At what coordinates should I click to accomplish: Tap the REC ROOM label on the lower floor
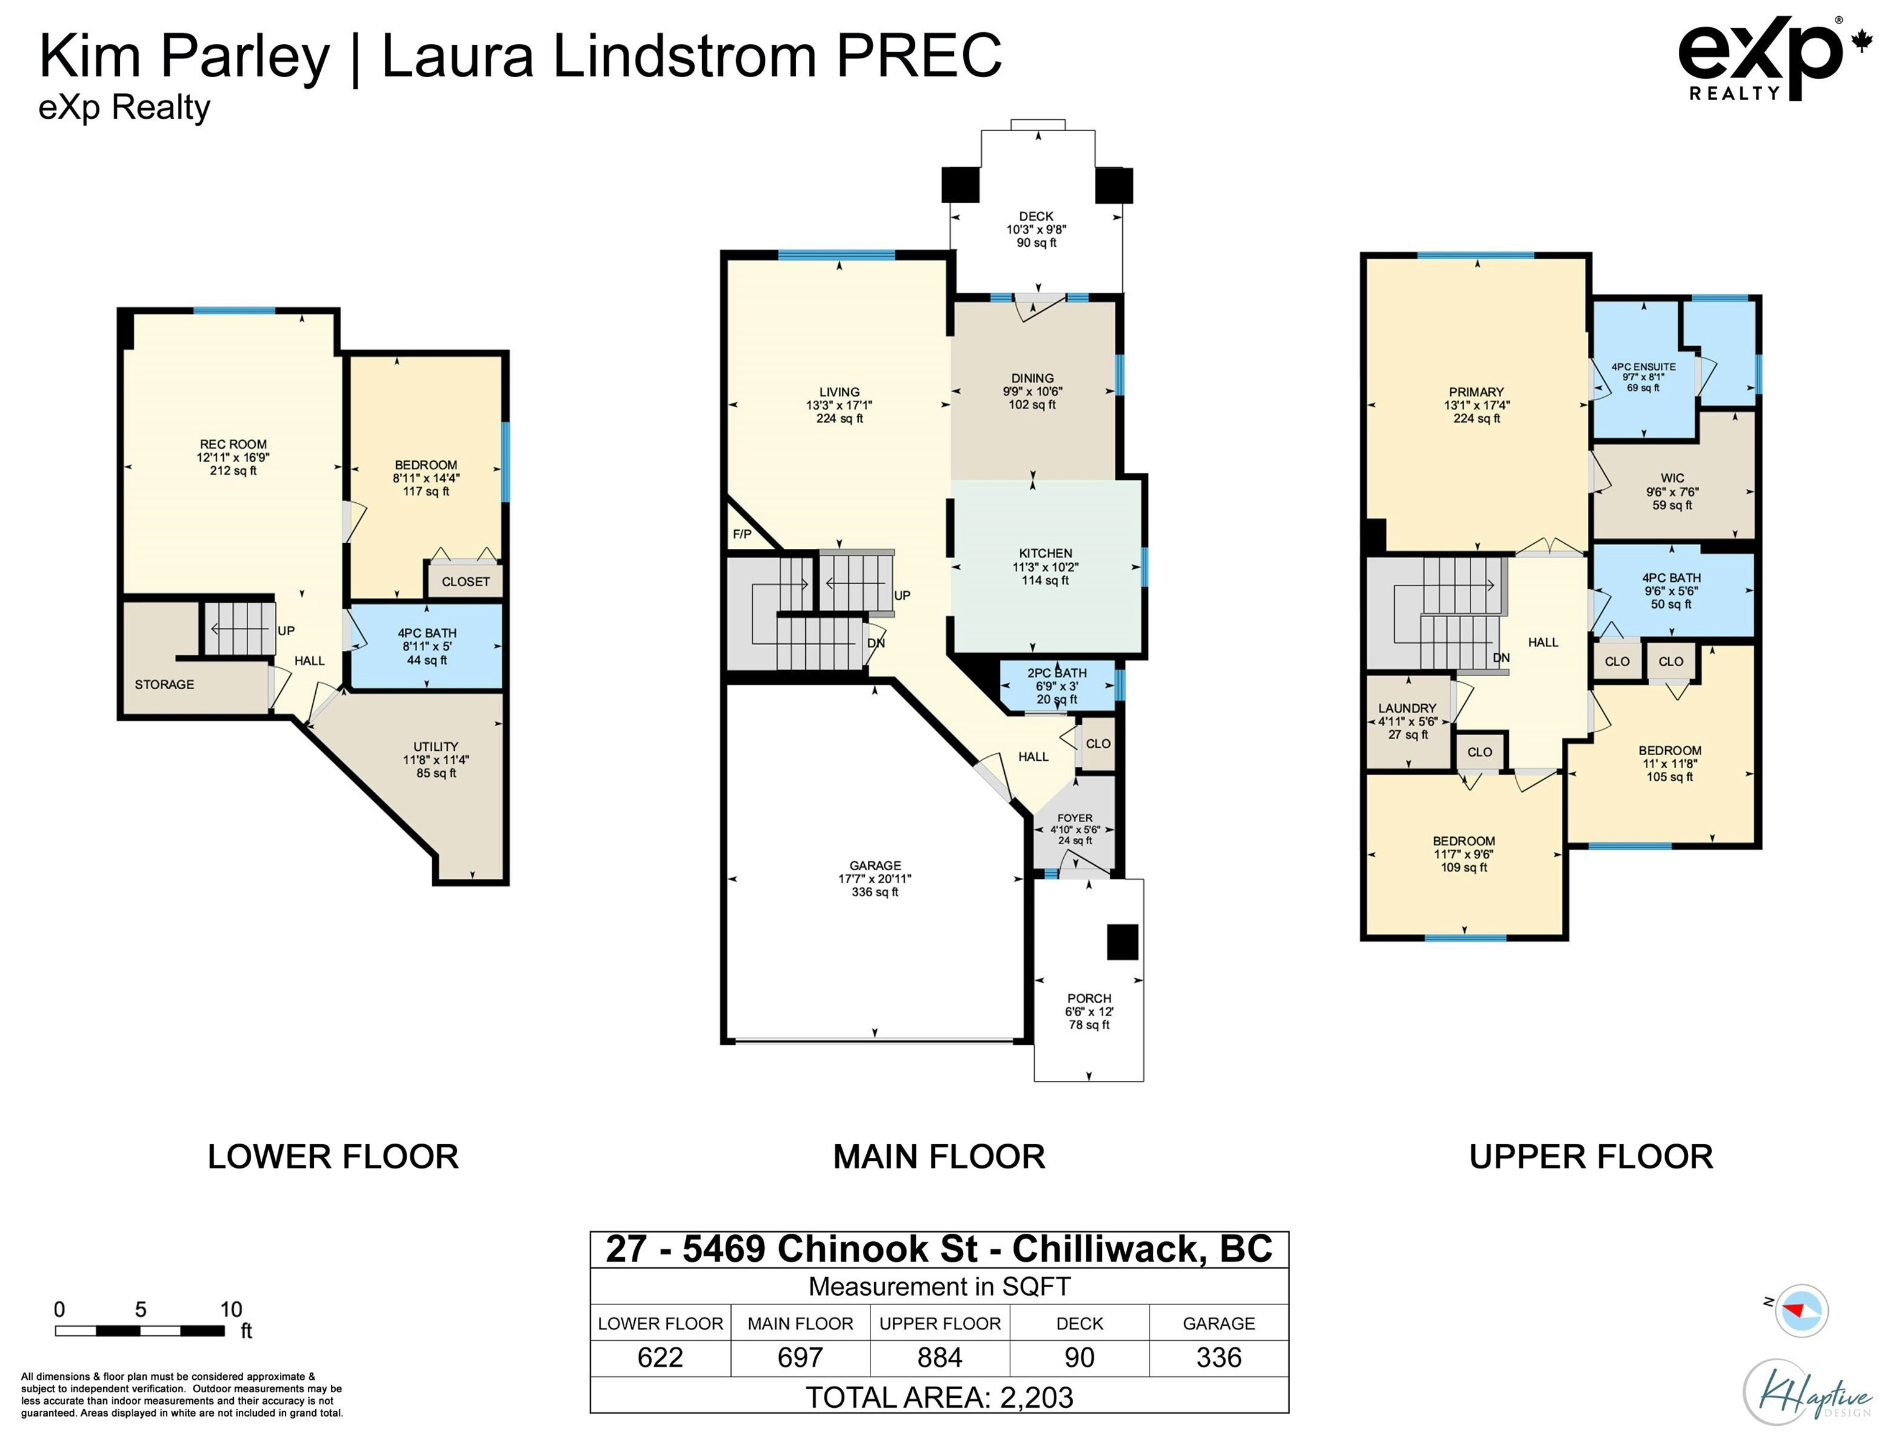pyautogui.click(x=233, y=444)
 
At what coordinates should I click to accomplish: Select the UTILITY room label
pyautogui.click(x=436, y=746)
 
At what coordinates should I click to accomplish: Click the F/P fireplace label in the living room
pyautogui.click(x=742, y=535)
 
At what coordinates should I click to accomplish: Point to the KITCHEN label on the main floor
pyautogui.click(x=1045, y=553)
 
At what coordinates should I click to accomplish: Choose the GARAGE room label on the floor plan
pyautogui.click(x=875, y=865)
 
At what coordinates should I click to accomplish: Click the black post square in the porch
pyautogui.click(x=1122, y=942)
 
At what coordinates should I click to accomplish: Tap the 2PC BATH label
pyautogui.click(x=1057, y=672)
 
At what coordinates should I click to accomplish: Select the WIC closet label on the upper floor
pyautogui.click(x=1672, y=478)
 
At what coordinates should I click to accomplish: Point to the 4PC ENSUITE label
pyautogui.click(x=1643, y=367)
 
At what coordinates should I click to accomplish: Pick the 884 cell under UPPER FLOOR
pyautogui.click(x=939, y=1357)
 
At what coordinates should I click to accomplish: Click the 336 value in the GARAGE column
pyautogui.click(x=1218, y=1357)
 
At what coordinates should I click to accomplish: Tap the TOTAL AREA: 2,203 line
pyautogui.click(x=939, y=1397)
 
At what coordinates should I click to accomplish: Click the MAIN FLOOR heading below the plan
pyautogui.click(x=939, y=1157)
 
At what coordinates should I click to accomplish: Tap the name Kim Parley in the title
pyautogui.click(x=184, y=57)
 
